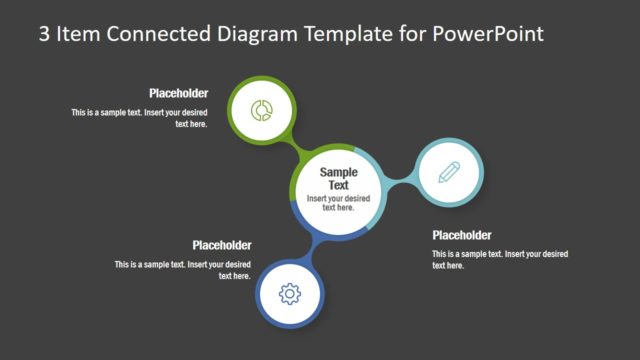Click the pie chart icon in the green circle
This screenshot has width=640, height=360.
[x=263, y=109]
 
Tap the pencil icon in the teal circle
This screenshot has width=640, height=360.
[x=449, y=172]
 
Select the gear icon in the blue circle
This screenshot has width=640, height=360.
[x=290, y=293]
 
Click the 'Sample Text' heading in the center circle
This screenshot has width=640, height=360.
[x=339, y=178]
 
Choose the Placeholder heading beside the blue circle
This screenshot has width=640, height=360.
[x=221, y=245]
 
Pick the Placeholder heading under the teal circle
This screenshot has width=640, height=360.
[x=462, y=236]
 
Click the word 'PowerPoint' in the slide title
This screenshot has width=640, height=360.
[x=488, y=33]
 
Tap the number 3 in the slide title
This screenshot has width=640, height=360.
[x=44, y=33]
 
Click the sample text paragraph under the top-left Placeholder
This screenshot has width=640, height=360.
[x=139, y=118]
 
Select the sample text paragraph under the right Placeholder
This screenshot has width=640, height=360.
[x=500, y=260]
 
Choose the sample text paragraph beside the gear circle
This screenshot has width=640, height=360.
[x=182, y=270]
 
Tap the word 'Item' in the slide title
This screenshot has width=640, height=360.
[x=78, y=33]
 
